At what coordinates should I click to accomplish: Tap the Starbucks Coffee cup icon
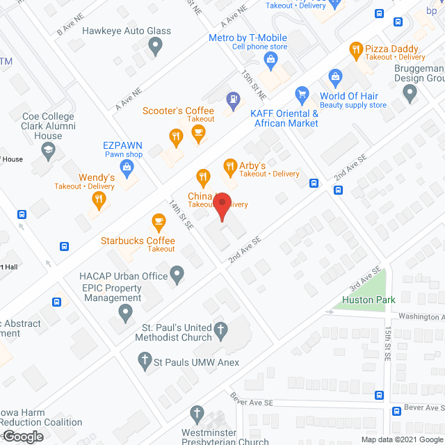159,222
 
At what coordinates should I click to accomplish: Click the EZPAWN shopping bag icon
127,166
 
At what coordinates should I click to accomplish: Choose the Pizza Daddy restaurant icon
356,49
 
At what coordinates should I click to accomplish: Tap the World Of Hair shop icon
336,76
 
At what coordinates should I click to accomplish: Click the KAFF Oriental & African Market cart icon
302,93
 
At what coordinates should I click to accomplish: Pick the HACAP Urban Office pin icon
178,275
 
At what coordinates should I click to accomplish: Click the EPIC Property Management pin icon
126,314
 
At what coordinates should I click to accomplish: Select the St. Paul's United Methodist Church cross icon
220,330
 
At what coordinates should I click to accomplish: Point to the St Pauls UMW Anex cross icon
145,361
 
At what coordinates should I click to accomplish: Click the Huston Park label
369,300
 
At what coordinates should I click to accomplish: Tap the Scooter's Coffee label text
179,111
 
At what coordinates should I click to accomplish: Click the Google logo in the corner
22,436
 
